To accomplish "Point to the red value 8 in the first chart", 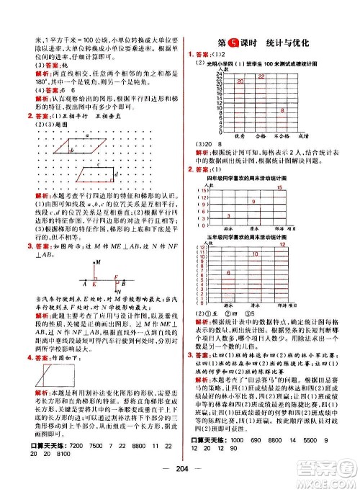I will (282, 109).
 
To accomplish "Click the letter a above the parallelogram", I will (86, 135).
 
